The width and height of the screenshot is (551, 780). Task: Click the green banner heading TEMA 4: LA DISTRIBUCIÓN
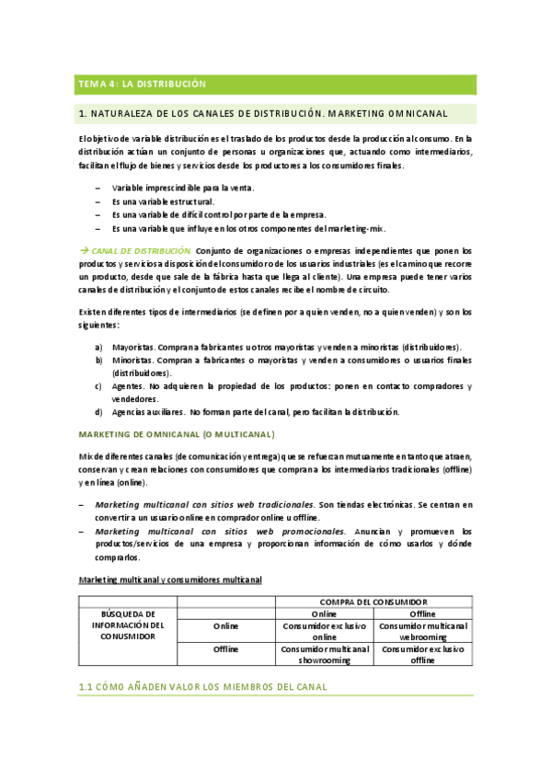[140, 85]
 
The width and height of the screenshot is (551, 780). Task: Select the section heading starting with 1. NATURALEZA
[263, 114]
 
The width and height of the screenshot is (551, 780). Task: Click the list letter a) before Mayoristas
[98, 347]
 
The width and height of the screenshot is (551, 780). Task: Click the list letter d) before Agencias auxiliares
[98, 412]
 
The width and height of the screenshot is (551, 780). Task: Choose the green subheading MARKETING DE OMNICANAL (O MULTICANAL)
[177, 433]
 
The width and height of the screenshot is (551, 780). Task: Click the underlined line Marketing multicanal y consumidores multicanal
[170, 579]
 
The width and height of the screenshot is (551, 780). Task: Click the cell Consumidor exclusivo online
[324, 630]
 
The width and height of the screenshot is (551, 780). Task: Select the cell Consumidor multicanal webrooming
[422, 630]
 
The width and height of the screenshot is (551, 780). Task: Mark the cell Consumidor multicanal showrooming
[324, 654]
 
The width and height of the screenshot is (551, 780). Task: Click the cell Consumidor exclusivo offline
[422, 654]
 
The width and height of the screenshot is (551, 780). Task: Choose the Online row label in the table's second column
[226, 625]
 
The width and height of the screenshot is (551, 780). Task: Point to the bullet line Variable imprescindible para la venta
[177, 188]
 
